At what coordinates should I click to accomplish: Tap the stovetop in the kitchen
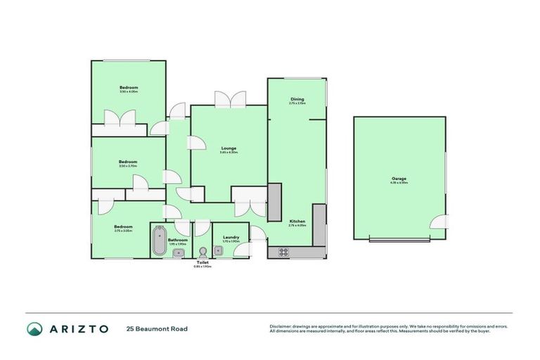(284, 252)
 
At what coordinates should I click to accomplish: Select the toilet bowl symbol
(202, 252)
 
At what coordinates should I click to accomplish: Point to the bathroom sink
(179, 252)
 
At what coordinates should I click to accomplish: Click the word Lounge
(229, 148)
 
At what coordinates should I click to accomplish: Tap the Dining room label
(297, 99)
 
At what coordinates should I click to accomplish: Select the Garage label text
(399, 179)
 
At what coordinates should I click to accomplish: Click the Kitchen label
(297, 221)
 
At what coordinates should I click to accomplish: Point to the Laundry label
(231, 237)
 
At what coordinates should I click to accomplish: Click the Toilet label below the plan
(202, 262)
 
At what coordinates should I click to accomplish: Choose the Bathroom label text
(178, 239)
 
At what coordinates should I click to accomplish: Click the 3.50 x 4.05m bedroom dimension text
(128, 91)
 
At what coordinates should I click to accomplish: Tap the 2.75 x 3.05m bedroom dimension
(123, 230)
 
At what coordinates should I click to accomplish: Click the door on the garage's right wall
(440, 221)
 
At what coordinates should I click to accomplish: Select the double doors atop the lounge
(230, 100)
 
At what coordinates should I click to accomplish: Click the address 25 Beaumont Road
(157, 328)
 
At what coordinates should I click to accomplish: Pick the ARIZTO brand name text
(79, 328)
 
